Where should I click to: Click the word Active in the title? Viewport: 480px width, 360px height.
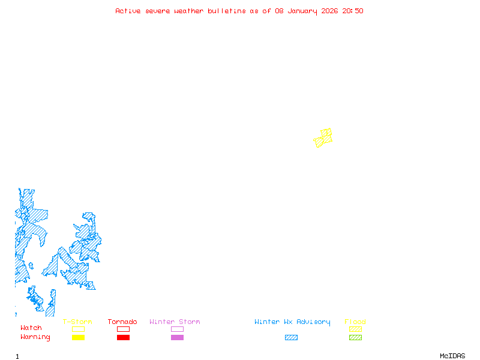tap(128, 11)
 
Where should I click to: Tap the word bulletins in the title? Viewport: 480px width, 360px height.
tap(227, 11)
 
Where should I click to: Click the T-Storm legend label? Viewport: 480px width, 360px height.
tap(77, 322)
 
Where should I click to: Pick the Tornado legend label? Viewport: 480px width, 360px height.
tap(122, 322)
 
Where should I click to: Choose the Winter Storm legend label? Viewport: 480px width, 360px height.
tap(175, 322)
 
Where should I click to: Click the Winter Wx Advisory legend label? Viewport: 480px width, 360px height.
tap(292, 322)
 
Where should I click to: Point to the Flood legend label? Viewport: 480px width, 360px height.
tap(355, 322)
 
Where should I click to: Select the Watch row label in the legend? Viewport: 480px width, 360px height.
tap(31, 328)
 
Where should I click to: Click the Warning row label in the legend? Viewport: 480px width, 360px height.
tap(35, 337)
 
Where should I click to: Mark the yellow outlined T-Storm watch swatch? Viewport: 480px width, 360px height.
tap(78, 329)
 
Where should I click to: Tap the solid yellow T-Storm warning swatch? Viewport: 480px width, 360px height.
tap(78, 337)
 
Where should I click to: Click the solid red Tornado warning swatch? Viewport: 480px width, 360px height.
tap(123, 337)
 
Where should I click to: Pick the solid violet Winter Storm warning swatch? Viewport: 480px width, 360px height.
tap(177, 337)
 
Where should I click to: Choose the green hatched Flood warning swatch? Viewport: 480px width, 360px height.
tap(355, 337)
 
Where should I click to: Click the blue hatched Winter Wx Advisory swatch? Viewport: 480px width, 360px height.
tap(291, 337)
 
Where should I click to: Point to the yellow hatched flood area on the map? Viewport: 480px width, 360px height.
tap(324, 138)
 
